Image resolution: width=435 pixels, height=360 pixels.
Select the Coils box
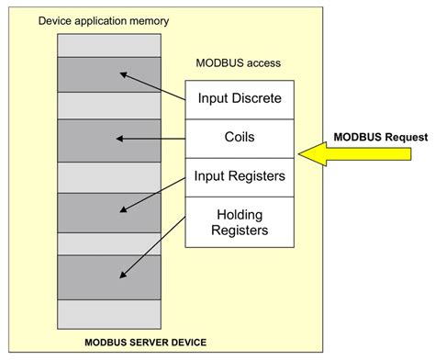click(x=240, y=137)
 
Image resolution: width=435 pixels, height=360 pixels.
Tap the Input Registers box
click(x=240, y=175)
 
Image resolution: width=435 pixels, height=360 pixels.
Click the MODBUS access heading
click(x=238, y=63)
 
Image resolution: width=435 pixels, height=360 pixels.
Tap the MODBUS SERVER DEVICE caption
click(x=146, y=343)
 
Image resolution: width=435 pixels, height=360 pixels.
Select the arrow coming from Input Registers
click(x=154, y=193)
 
